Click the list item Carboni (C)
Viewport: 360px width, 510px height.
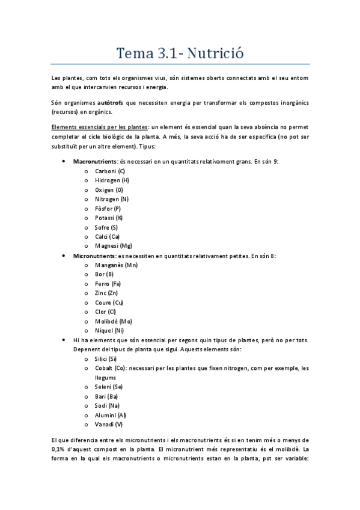(110, 171)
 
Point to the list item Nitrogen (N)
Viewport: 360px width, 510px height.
(112, 199)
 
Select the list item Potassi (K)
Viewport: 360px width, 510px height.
(109, 218)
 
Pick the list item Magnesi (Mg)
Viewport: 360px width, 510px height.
(114, 246)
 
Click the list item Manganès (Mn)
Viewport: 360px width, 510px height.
(117, 265)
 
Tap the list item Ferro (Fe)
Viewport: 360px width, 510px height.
(108, 284)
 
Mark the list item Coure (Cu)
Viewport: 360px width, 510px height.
(109, 303)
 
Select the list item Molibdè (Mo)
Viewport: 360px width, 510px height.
(114, 321)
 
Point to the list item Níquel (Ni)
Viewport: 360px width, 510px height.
(109, 330)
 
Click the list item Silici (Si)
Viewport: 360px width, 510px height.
(106, 358)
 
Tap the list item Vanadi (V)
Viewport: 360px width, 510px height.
(109, 424)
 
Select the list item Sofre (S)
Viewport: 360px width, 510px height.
(106, 227)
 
